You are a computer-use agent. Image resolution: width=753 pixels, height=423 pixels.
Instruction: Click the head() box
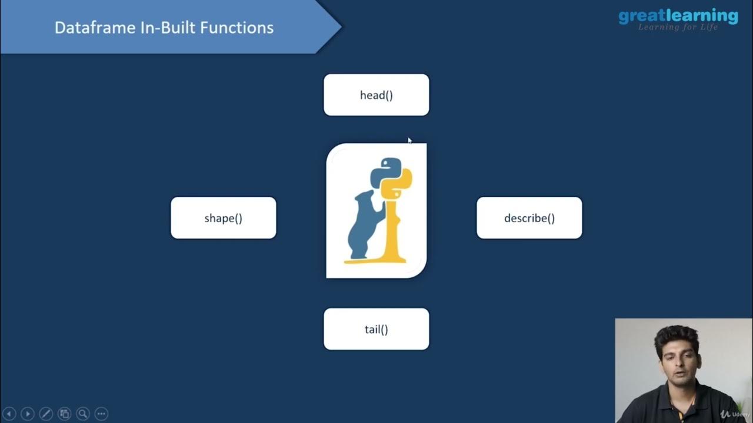[x=376, y=95]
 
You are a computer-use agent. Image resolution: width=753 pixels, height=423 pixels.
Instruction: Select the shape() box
[x=223, y=218]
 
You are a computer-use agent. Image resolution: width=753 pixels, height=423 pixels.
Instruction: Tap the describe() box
[x=529, y=218]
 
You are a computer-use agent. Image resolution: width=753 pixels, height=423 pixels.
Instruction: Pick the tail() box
[x=376, y=329]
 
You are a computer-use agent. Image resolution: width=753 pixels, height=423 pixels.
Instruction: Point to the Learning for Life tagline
[x=678, y=28]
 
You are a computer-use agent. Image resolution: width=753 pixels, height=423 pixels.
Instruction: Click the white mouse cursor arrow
[x=409, y=140]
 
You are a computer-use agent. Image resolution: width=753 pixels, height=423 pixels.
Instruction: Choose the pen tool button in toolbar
[x=46, y=414]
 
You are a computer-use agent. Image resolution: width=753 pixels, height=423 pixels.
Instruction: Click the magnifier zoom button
[x=83, y=414]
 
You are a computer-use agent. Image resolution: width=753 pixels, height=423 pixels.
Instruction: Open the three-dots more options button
[x=101, y=414]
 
